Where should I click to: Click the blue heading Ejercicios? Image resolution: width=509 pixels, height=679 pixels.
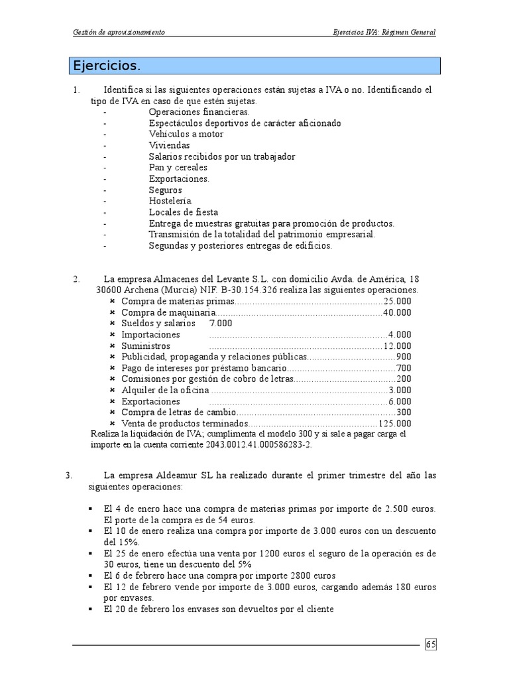(107, 66)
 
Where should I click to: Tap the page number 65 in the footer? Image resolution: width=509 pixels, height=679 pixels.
(431, 644)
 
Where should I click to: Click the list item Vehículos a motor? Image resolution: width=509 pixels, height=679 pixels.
(186, 134)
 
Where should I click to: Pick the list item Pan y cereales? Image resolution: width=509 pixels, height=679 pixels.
(178, 168)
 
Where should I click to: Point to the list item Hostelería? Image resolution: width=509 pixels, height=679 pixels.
(171, 201)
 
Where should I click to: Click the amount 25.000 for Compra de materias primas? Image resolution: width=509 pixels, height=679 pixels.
(397, 300)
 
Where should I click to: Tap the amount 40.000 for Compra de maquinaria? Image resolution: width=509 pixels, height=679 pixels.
(397, 312)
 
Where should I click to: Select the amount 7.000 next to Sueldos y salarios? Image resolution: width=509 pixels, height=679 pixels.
(221, 323)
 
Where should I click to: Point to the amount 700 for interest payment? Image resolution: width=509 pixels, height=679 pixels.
(404, 368)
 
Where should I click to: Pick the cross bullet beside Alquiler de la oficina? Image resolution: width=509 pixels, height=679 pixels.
(112, 391)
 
